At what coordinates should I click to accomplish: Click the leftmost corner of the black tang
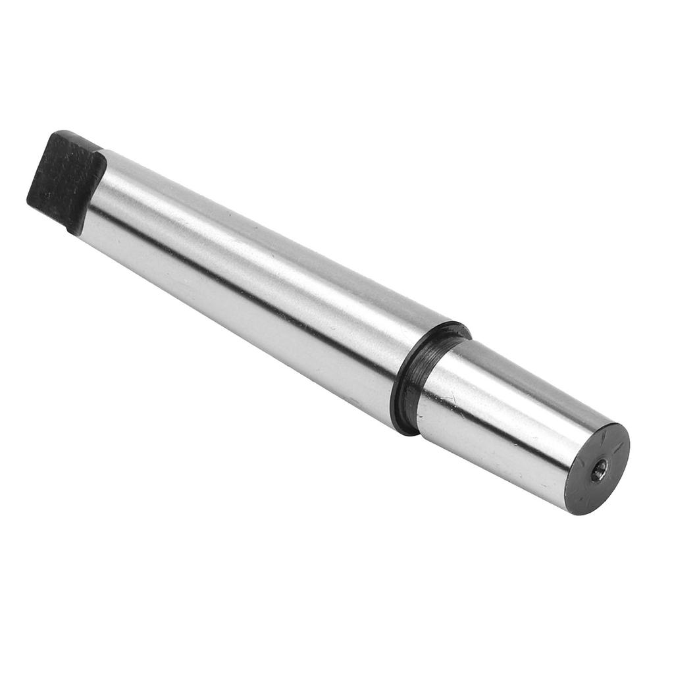click(x=29, y=200)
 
